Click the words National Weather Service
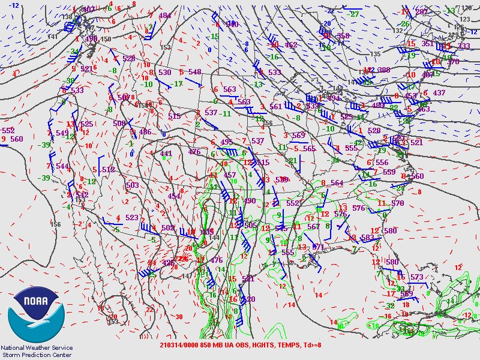pos(37,347)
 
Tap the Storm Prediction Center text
pos(37,354)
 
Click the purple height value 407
pos(89,9)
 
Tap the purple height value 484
pos(164,16)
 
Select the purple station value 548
pos(194,72)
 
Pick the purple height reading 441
pos(166,154)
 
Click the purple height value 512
pos(108,170)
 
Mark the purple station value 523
pos(132,218)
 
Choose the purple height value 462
pos(291,45)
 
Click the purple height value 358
pos(343,36)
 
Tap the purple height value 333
pos(464,46)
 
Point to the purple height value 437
pos(439,93)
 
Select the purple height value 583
pos(367,237)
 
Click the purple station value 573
pos(417,277)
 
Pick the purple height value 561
pos(276,106)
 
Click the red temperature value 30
pos(179,317)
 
